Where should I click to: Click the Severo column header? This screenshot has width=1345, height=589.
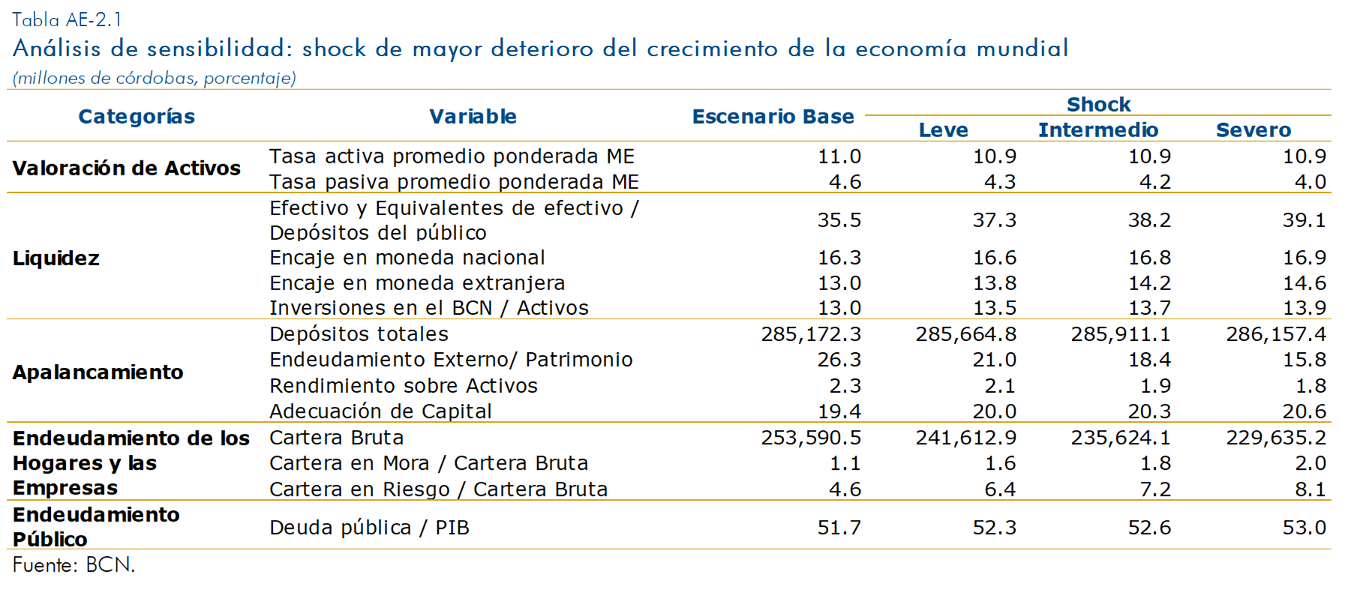click(x=1253, y=130)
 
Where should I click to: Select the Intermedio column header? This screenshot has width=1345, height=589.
click(x=1097, y=130)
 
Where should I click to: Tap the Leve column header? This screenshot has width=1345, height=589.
click(x=943, y=130)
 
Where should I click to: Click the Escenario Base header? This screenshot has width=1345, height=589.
click(x=773, y=116)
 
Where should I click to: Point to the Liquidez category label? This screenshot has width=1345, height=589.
click(x=56, y=258)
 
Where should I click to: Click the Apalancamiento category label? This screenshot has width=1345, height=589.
click(x=98, y=372)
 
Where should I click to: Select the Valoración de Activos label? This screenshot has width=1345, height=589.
click(x=126, y=168)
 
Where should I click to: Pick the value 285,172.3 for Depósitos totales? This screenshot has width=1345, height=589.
click(x=811, y=334)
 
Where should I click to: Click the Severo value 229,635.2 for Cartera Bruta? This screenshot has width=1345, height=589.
click(x=1276, y=438)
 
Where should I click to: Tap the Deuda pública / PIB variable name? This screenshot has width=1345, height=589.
click(x=369, y=528)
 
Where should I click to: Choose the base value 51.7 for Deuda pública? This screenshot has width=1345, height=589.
click(x=839, y=528)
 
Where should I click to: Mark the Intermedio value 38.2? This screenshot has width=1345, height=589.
click(x=1149, y=220)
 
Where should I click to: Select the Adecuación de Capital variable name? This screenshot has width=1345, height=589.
click(x=380, y=411)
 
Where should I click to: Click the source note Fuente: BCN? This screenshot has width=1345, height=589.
click(x=74, y=565)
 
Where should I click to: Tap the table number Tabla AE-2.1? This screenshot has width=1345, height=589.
click(x=67, y=19)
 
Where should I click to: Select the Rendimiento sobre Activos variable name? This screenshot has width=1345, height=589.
click(x=404, y=386)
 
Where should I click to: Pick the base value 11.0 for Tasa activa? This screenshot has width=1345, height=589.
click(x=839, y=157)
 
